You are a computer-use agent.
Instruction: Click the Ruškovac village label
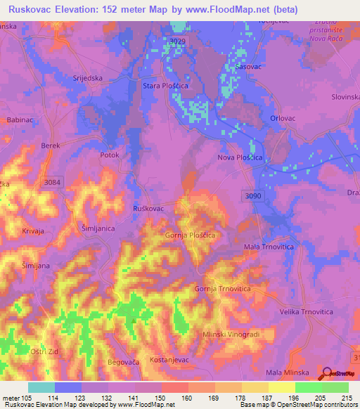click(x=148, y=209)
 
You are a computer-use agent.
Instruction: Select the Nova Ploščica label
click(x=238, y=157)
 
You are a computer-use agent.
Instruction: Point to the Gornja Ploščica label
click(x=190, y=235)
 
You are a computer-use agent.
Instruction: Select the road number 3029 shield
click(x=178, y=43)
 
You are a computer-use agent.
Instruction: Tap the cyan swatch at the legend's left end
click(x=41, y=387)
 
